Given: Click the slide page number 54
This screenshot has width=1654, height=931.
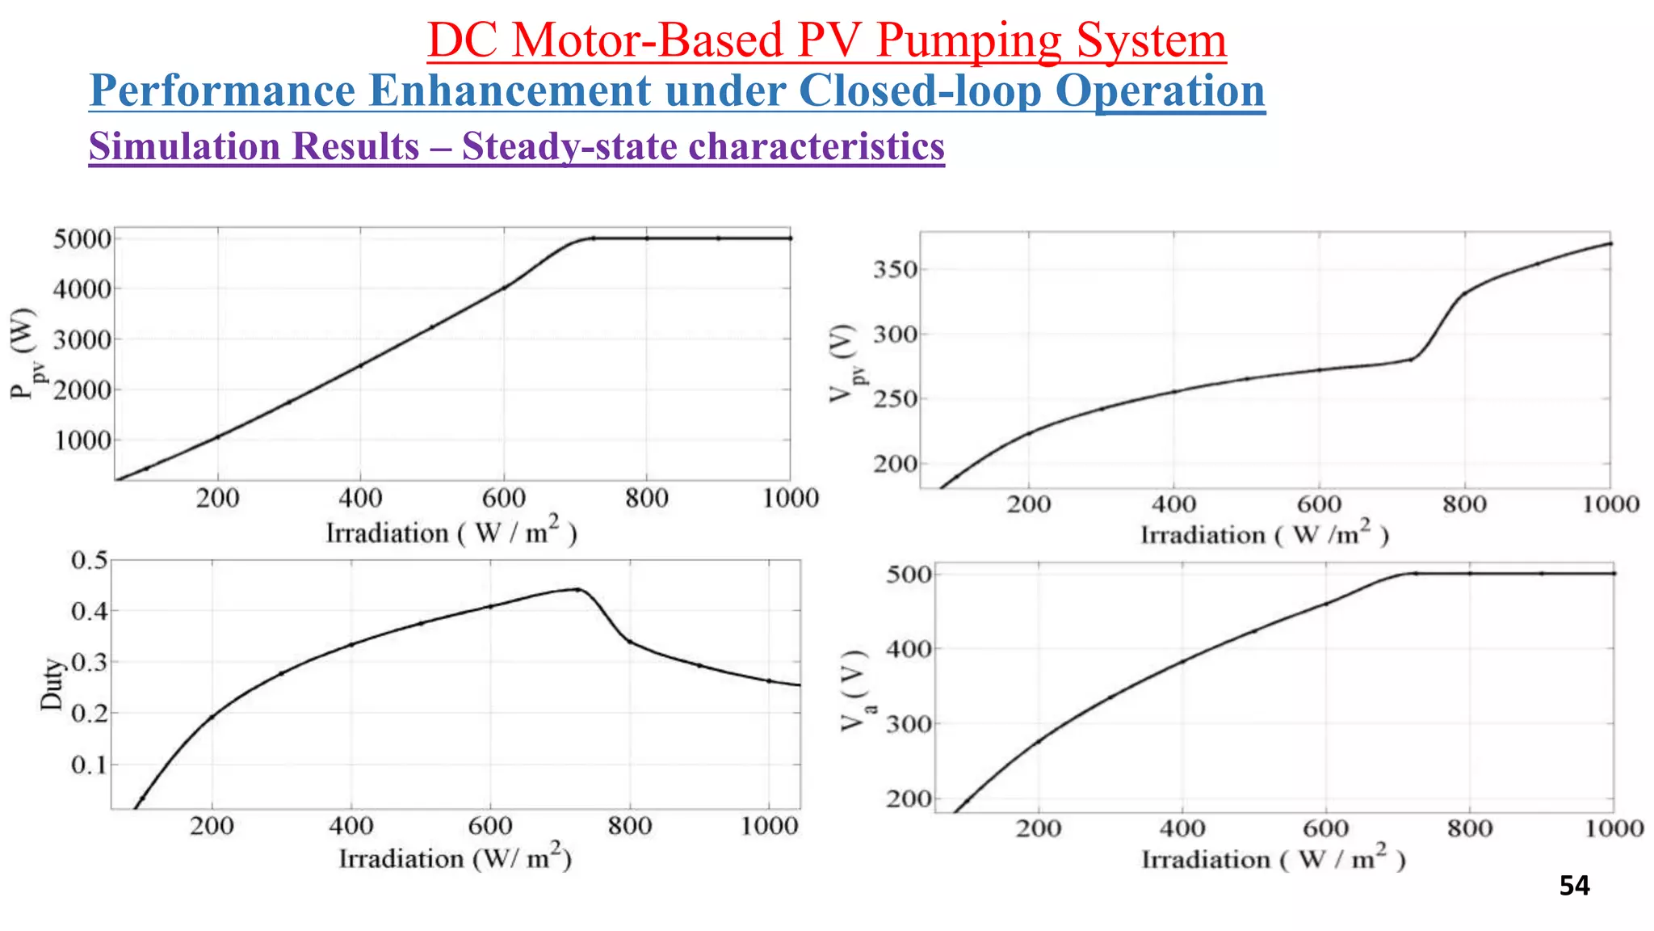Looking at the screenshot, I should point(1574,886).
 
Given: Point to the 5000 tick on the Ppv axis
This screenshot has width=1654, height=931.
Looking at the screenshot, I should point(81,239).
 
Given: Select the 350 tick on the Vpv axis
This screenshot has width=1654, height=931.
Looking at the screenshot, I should point(894,269).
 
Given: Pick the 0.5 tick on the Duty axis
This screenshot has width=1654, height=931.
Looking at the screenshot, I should point(89,560).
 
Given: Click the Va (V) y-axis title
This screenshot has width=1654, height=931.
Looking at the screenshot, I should point(856,690).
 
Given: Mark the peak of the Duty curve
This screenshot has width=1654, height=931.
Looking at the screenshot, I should point(577,589).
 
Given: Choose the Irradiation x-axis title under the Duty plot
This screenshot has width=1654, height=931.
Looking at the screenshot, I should point(455,857).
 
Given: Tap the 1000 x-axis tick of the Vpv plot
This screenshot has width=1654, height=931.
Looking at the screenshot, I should point(1610,505).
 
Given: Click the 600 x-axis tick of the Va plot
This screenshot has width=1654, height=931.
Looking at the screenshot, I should point(1325,828).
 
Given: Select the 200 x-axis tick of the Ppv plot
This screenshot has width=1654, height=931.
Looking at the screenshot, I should point(217,498).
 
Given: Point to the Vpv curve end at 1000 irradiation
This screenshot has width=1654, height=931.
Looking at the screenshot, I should point(1610,243).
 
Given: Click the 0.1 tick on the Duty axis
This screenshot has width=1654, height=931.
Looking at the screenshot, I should point(89,765).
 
